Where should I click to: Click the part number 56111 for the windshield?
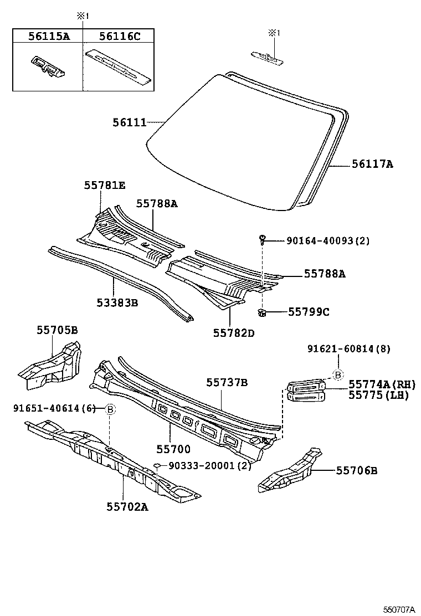(x=130, y=122)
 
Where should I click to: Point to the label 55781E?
(x=105, y=186)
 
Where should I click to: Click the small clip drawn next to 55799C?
(x=262, y=314)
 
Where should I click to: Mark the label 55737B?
(x=227, y=382)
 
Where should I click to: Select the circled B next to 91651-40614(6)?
(x=110, y=409)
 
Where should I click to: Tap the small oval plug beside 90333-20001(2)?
(x=157, y=466)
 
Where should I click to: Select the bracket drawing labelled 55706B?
(x=290, y=471)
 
